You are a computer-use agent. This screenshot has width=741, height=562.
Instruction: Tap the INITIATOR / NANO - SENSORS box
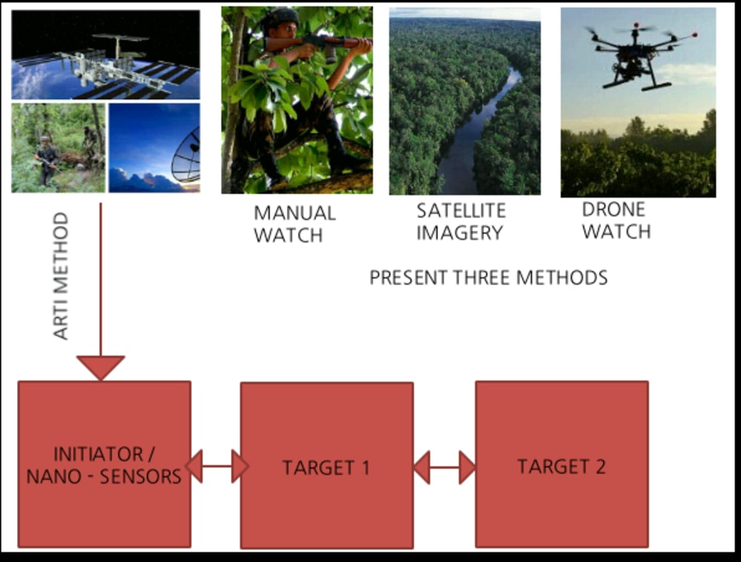coord(104,464)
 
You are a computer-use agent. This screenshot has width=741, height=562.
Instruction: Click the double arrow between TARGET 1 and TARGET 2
coord(445,467)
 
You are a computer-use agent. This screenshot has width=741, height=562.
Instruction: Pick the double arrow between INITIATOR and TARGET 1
coord(216,466)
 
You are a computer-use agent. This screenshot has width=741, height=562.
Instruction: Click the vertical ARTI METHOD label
coord(62,276)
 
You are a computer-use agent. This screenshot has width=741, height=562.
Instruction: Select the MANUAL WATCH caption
coord(294,224)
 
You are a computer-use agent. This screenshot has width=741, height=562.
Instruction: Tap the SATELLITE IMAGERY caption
coord(459,221)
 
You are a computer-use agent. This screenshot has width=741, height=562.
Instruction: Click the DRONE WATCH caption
coord(616,220)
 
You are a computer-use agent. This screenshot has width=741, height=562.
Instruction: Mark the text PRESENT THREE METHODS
coord(488,278)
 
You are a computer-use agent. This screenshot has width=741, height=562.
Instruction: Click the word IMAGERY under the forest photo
coord(459,232)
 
